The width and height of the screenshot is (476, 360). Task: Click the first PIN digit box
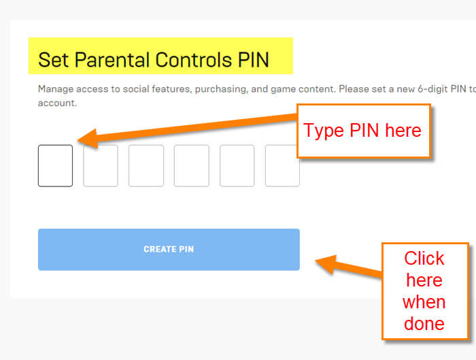[55, 165]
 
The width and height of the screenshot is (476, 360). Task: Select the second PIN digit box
[101, 165]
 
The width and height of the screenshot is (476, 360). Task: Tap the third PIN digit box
[146, 165]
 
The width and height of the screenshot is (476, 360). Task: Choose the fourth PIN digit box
[192, 165]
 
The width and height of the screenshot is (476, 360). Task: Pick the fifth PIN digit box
[237, 165]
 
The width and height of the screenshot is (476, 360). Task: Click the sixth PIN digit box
[282, 165]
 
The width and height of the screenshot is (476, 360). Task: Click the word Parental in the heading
[113, 59]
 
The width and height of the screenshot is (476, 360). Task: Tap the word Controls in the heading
[194, 59]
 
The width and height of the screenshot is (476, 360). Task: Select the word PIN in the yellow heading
[254, 59]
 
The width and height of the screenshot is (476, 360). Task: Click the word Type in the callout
[324, 131]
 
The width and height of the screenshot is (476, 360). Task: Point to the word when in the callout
[424, 302]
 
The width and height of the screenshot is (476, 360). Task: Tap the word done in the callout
[424, 324]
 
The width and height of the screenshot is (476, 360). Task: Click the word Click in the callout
[424, 259]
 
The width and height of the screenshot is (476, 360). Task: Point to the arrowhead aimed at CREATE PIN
[326, 263]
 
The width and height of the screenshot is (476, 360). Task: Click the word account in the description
[56, 103]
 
